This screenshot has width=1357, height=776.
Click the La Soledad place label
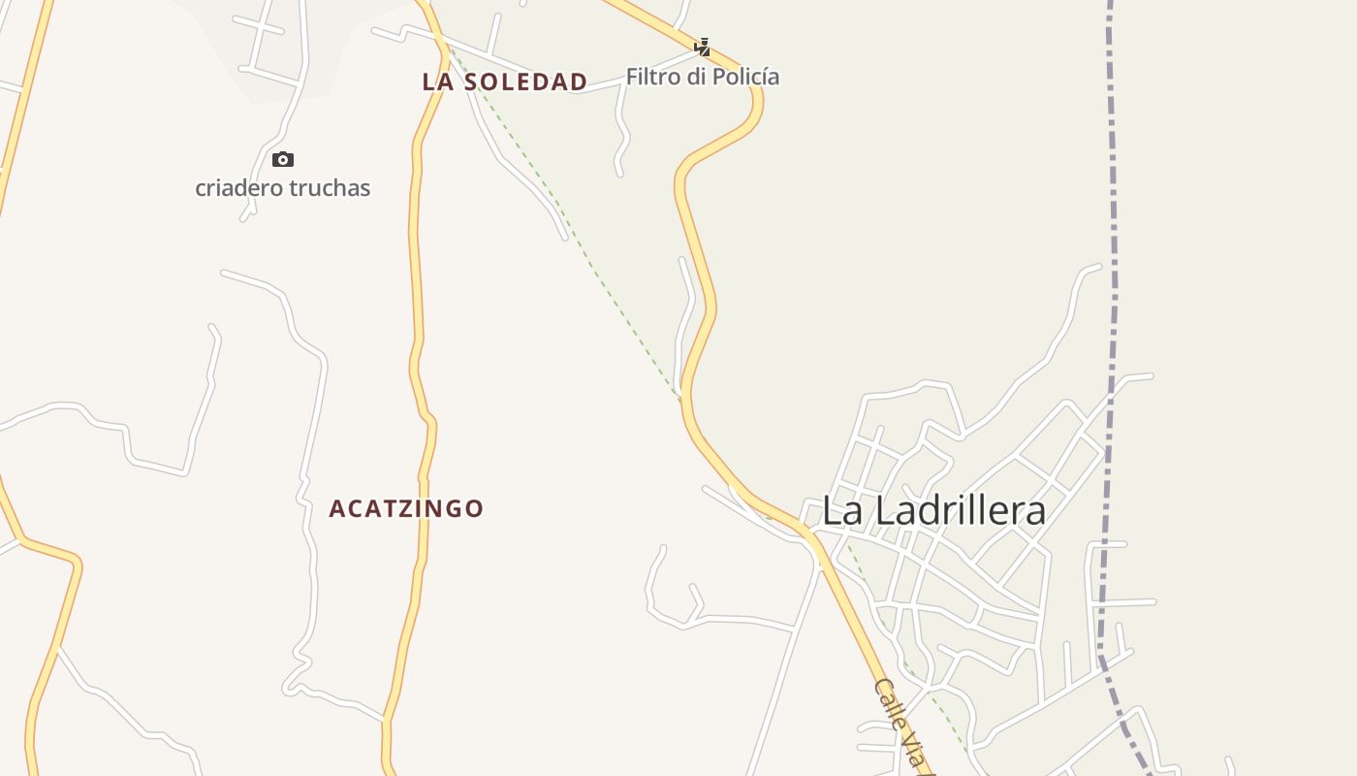(x=504, y=82)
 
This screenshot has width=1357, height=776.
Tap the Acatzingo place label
(x=406, y=508)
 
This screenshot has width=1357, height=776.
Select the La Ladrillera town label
(x=933, y=511)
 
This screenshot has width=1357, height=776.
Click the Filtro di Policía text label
(x=703, y=77)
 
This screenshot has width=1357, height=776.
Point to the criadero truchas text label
(x=282, y=188)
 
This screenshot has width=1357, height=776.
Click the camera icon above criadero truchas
(x=282, y=160)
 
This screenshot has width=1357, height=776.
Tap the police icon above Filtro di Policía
(x=702, y=47)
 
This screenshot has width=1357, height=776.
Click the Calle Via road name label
(x=902, y=723)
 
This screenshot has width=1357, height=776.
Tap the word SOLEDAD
(x=525, y=82)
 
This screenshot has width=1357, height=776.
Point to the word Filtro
(x=652, y=77)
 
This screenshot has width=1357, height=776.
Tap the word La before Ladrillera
(x=841, y=511)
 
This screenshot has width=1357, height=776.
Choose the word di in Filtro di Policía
(x=695, y=77)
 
